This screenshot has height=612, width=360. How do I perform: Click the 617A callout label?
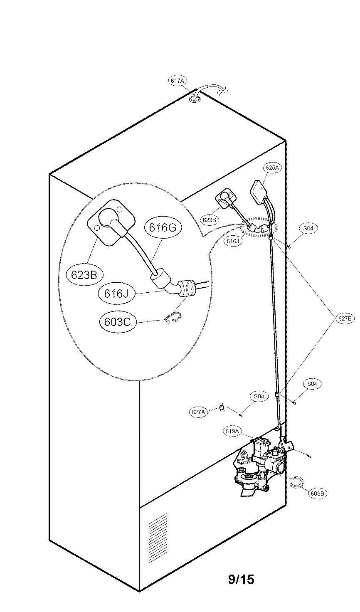(x=177, y=81)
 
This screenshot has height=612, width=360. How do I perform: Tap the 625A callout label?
(x=272, y=168)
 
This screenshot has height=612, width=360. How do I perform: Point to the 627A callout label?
(x=199, y=412)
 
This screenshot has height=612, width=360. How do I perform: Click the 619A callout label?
(x=232, y=431)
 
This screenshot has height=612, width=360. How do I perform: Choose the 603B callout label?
(x=317, y=494)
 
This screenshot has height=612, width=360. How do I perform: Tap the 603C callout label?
(x=118, y=321)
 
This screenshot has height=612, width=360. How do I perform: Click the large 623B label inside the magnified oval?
(x=84, y=275)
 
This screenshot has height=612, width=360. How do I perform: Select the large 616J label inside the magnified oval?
(x=116, y=293)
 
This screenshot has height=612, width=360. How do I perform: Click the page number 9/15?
(x=241, y=579)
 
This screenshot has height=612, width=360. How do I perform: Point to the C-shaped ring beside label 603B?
(x=296, y=482)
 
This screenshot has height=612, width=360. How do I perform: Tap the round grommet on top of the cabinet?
(x=195, y=99)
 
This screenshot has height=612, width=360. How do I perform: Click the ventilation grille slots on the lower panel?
(x=158, y=538)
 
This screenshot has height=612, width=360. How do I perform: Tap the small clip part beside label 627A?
(x=222, y=407)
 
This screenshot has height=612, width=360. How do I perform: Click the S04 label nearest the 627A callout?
(x=259, y=396)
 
